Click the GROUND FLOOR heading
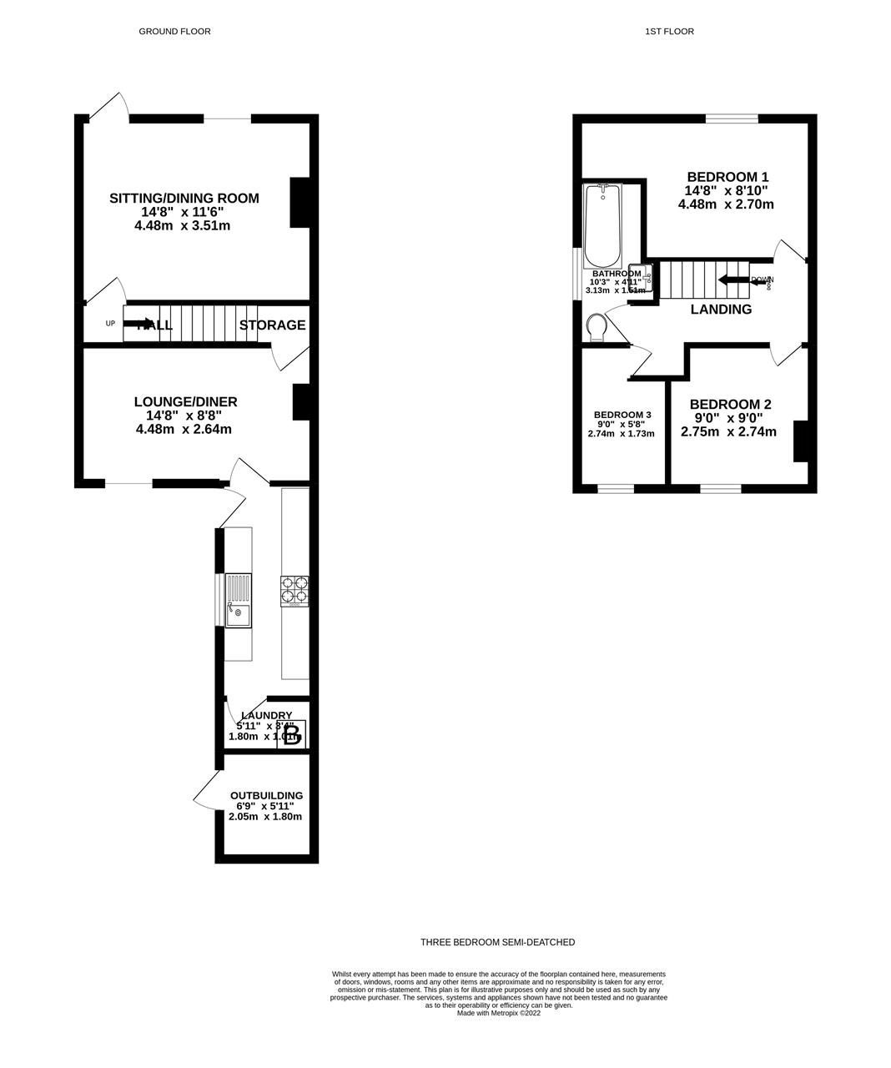click(x=174, y=32)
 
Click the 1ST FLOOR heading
click(x=669, y=32)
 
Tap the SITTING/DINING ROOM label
click(x=184, y=199)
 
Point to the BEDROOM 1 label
click(x=727, y=177)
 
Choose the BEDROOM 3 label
click(x=622, y=416)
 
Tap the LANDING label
click(x=721, y=310)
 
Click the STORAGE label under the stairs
click(x=273, y=325)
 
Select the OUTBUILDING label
click(x=266, y=796)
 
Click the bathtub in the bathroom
click(x=602, y=225)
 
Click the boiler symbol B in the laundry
click(x=291, y=734)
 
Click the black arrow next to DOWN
click(x=732, y=280)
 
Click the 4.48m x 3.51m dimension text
click(x=182, y=226)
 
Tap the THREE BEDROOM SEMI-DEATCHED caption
click(x=497, y=942)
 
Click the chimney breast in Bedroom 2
click(x=800, y=441)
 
